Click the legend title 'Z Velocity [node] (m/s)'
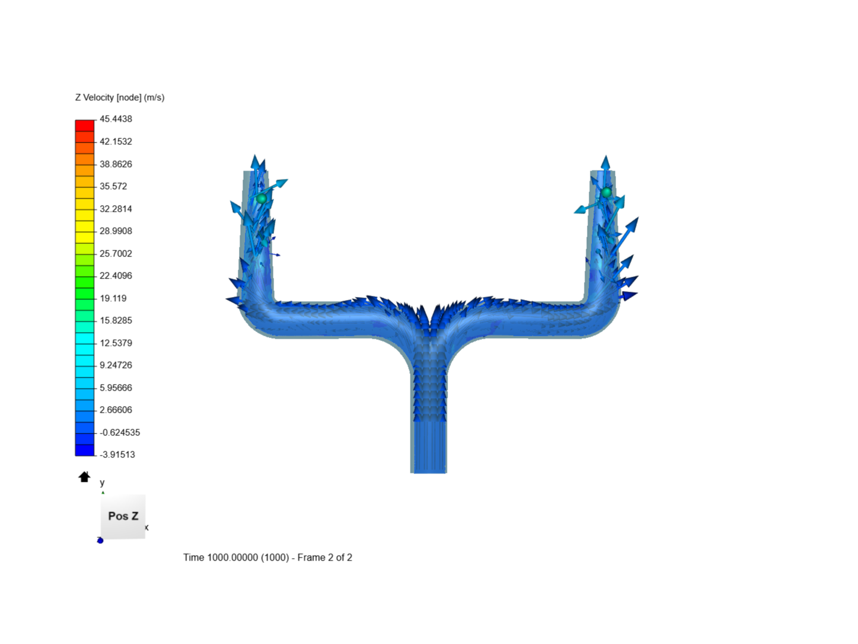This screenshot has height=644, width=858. (120, 97)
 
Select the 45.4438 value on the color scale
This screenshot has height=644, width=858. (116, 119)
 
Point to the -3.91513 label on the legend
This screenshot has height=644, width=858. (117, 454)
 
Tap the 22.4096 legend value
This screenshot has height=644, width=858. (116, 275)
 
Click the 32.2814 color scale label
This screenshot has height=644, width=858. (116, 209)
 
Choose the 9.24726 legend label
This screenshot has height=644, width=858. (116, 365)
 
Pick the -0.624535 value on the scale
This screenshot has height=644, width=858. (120, 432)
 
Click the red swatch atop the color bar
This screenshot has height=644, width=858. (85, 125)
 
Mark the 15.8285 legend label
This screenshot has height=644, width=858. (116, 320)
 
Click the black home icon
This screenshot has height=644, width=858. (84, 477)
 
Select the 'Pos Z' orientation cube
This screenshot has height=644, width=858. (123, 516)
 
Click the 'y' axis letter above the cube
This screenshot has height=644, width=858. (102, 482)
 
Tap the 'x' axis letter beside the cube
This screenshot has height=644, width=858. (147, 527)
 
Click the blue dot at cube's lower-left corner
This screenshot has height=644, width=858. (100, 540)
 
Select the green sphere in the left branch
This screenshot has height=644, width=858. (261, 198)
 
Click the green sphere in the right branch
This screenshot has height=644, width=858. (606, 192)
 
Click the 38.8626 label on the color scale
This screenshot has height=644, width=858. (116, 164)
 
